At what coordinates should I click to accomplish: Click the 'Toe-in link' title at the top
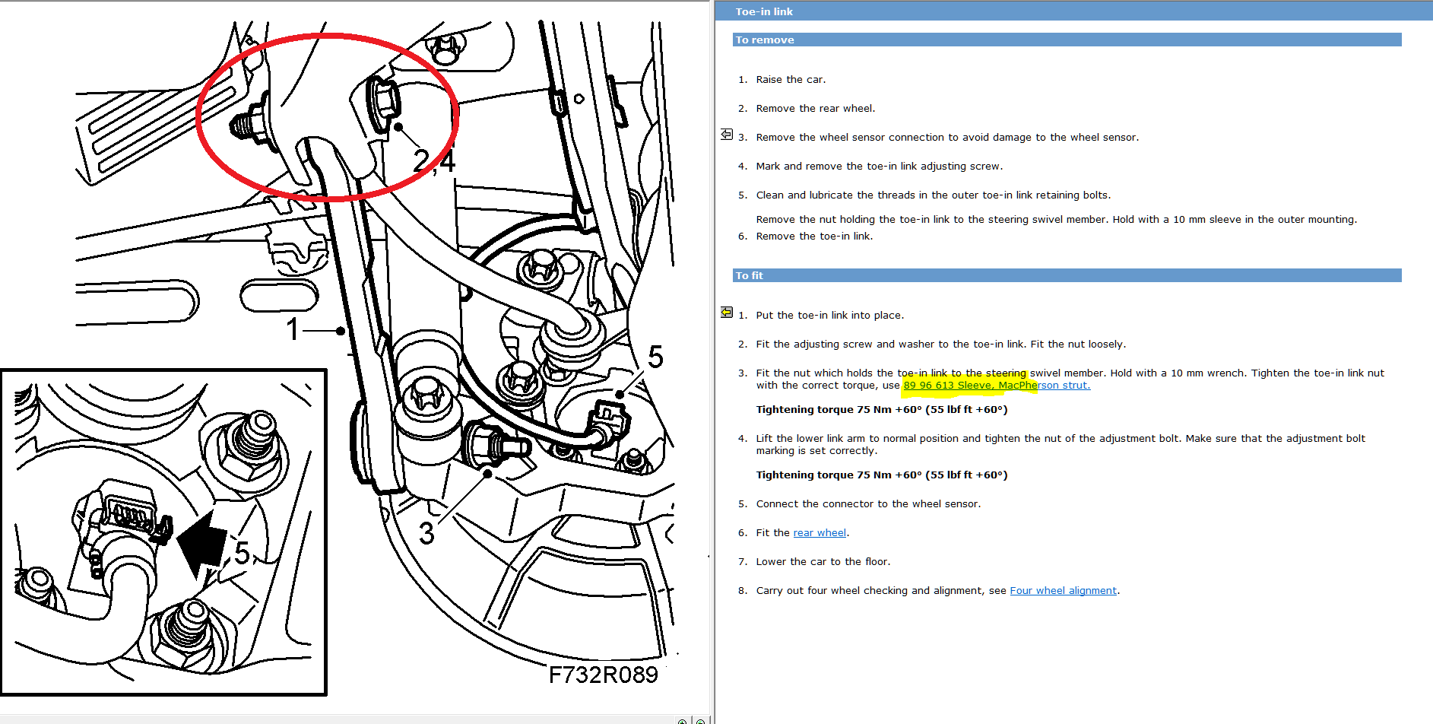click(764, 11)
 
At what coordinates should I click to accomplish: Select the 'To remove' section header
click(765, 40)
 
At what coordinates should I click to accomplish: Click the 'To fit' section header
click(750, 275)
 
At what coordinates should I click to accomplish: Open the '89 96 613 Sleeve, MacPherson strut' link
click(997, 385)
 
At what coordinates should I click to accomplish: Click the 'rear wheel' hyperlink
click(820, 532)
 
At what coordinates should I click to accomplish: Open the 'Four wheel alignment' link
click(1064, 590)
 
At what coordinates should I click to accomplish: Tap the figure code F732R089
click(604, 675)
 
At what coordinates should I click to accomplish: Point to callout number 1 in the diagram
click(293, 330)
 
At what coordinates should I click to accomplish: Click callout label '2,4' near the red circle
click(434, 160)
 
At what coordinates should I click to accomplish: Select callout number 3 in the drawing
click(427, 533)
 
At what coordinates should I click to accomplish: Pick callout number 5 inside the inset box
click(242, 553)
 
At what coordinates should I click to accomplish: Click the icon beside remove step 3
click(727, 135)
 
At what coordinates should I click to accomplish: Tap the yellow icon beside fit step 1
click(727, 313)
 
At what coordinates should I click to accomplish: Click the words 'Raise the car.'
click(791, 79)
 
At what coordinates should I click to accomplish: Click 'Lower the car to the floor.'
click(823, 561)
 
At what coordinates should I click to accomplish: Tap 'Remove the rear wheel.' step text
click(816, 108)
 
